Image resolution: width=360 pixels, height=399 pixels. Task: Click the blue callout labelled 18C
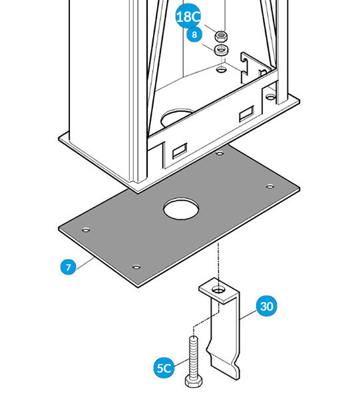[188, 16]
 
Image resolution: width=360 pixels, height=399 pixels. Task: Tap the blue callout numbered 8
[194, 34]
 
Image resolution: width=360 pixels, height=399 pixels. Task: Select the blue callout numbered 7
[69, 267]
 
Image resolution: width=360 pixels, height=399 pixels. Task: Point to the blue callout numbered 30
[267, 306]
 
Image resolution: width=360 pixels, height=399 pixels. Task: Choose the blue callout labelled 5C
[164, 368]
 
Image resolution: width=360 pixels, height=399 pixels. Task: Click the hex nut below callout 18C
[221, 36]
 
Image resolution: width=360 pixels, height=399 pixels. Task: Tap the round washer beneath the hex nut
[221, 49]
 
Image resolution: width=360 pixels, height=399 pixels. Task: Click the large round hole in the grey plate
[181, 208]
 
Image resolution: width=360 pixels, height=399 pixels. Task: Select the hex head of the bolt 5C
[194, 382]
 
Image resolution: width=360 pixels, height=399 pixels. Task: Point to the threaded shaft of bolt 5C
[194, 356]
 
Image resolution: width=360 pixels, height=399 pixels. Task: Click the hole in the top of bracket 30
[218, 289]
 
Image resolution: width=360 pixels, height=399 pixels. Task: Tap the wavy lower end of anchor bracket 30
[223, 361]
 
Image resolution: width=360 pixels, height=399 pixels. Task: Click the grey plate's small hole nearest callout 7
[86, 230]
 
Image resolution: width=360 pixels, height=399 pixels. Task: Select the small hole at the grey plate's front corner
[136, 267]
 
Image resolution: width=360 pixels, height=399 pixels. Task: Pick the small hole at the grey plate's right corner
[270, 186]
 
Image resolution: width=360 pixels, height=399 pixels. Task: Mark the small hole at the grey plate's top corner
[220, 153]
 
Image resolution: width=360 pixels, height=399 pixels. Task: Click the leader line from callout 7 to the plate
[85, 263]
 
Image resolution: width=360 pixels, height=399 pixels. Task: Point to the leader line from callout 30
[248, 315]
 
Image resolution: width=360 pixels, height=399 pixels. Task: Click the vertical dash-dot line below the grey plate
[218, 265]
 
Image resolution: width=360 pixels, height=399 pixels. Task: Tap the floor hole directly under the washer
[221, 69]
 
